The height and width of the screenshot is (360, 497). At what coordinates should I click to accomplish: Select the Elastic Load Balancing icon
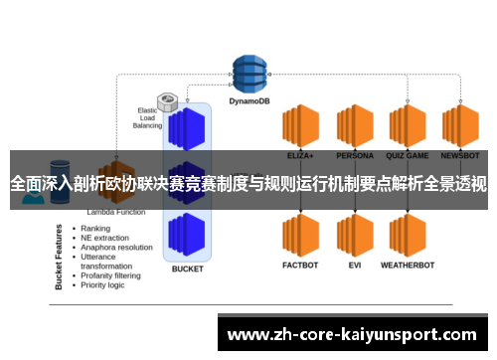coord(168,102)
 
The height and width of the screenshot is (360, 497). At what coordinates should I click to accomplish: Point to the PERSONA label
coord(355,156)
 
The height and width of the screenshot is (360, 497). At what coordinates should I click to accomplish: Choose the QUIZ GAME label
coord(408,156)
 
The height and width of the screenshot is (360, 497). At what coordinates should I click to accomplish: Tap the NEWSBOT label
coord(461,156)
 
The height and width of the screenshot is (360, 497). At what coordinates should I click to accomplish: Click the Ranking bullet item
coord(96,228)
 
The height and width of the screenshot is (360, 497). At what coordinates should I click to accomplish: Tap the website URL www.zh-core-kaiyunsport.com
coord(353,333)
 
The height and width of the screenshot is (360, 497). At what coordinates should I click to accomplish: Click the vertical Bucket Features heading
coord(60,256)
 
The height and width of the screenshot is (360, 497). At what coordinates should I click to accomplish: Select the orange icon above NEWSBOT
coord(461,126)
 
